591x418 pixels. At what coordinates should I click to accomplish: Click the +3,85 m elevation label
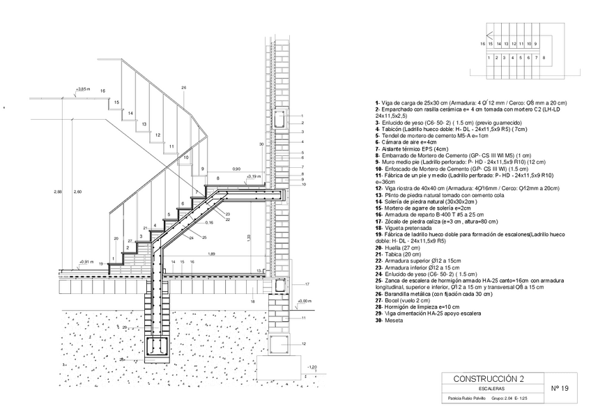[x=83, y=90]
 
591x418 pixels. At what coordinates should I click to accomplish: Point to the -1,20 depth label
[x=312, y=366]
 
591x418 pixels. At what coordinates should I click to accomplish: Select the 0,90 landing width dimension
[x=236, y=169]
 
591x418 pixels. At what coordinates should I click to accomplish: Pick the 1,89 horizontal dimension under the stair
[x=211, y=254]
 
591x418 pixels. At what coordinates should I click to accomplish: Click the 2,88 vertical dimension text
[x=58, y=192]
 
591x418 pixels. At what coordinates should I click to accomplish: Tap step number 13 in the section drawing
[x=144, y=124]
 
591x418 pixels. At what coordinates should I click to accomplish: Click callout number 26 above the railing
[x=183, y=88]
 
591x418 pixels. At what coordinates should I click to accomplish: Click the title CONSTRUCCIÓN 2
[x=489, y=378]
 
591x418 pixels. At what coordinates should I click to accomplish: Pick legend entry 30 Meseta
[x=388, y=320]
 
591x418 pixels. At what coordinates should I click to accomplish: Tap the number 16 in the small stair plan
[x=482, y=44]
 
